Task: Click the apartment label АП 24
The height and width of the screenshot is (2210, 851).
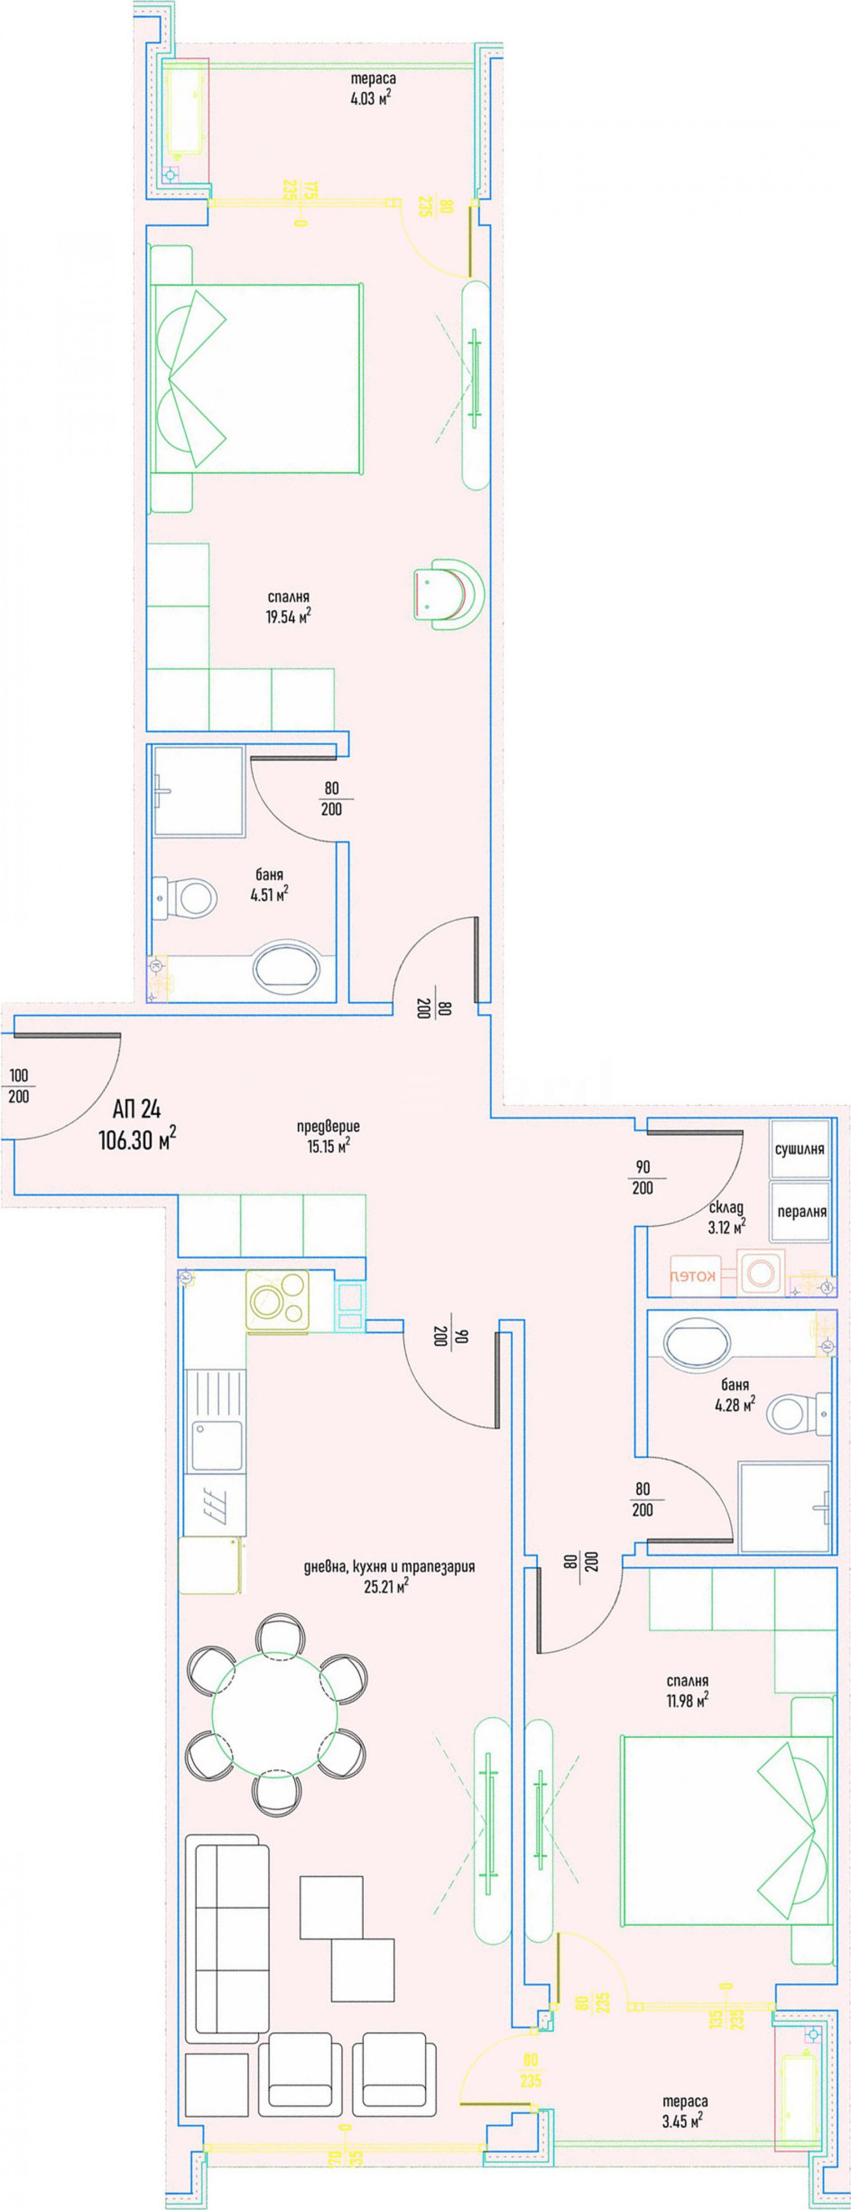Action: [136, 1110]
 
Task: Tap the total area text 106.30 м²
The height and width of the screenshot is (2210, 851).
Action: [137, 1139]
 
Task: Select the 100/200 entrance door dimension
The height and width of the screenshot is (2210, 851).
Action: [18, 1085]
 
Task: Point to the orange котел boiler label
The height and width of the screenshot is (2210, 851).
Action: [693, 1276]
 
